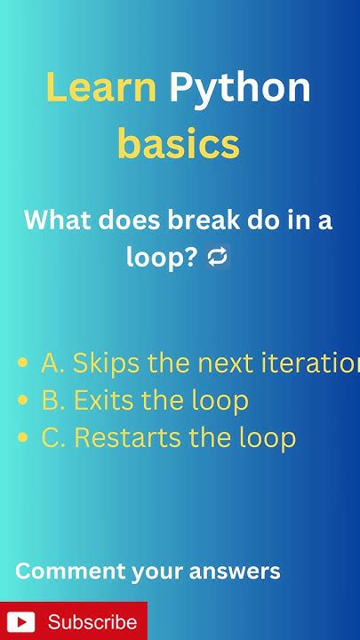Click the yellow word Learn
click(100, 88)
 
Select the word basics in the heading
click(179, 144)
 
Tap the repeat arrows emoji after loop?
click(218, 258)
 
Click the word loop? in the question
click(161, 258)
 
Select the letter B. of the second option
click(53, 401)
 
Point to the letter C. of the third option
click(53, 438)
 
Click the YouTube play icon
click(20, 621)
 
